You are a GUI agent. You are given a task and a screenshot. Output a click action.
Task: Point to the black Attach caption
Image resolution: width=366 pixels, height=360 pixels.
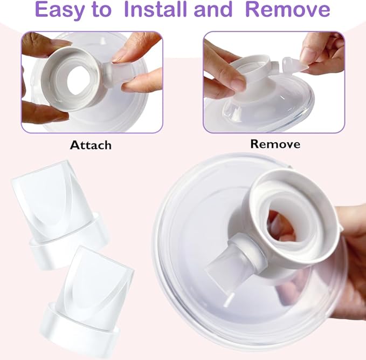click(91, 145)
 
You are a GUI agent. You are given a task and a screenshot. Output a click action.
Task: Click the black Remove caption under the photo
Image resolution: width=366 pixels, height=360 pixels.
click(275, 144)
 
